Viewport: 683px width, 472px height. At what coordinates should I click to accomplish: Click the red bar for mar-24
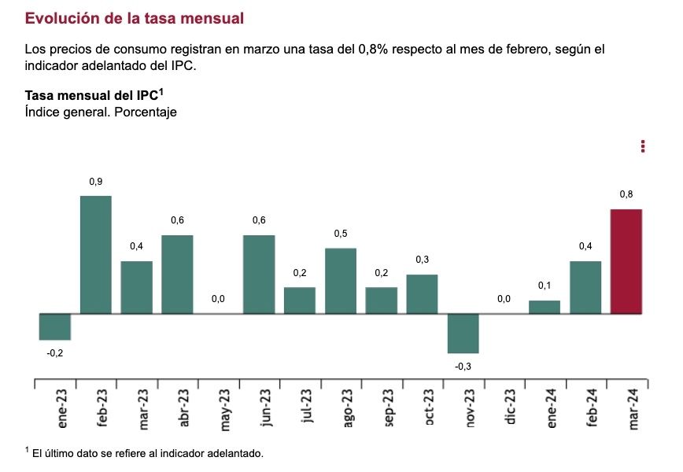626,261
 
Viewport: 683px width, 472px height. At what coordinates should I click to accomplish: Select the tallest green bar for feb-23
96,254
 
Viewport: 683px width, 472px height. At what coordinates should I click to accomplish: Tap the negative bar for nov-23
463,334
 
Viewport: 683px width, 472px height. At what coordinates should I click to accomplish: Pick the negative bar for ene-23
55,326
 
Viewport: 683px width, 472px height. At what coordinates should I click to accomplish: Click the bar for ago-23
341,281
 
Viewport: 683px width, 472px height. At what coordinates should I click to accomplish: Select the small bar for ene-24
545,307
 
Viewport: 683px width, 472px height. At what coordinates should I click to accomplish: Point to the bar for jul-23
300,301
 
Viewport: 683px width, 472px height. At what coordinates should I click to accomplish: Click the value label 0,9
96,182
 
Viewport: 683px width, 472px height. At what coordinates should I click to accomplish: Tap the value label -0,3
463,366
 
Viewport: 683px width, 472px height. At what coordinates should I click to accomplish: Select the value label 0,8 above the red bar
626,194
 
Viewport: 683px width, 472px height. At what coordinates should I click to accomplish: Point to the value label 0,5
341,234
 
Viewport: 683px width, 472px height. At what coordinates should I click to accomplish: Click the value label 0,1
545,286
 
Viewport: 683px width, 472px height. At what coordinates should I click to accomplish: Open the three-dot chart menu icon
643,146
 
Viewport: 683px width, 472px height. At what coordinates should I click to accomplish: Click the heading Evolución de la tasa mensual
135,17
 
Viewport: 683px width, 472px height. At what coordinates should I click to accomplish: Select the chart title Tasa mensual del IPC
94,95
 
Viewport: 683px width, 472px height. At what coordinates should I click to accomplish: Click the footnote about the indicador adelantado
146,452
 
